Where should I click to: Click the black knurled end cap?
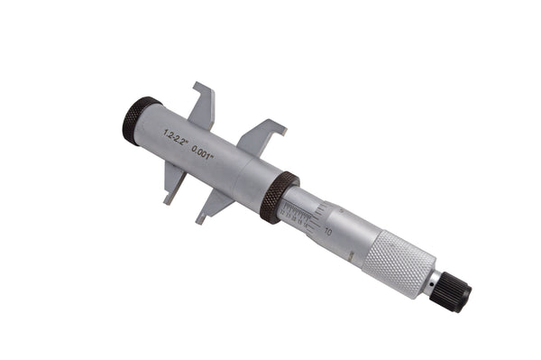pyautogui.click(x=141, y=120)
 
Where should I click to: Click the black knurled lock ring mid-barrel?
pyautogui.click(x=280, y=197)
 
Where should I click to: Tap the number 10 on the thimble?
pyautogui.click(x=327, y=232)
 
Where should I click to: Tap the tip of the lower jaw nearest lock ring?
pyautogui.click(x=199, y=219)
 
